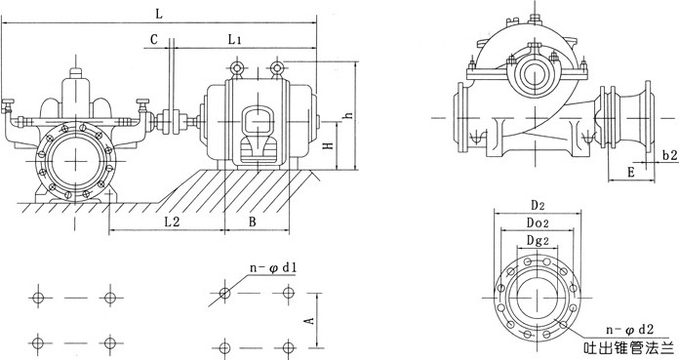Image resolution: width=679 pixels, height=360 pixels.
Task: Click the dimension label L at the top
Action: pos(159,14)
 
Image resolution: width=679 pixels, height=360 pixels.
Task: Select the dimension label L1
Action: pos(234,40)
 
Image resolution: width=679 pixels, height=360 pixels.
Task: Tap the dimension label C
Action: pos(154,39)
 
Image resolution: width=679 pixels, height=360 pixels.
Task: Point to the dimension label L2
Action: pos(172,221)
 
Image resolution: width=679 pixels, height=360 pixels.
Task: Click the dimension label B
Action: pos(252,221)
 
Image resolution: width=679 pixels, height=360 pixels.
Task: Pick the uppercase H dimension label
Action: pos(329,143)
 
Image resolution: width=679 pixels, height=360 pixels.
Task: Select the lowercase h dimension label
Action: pos(348,116)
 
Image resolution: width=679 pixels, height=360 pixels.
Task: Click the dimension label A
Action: pos(309,321)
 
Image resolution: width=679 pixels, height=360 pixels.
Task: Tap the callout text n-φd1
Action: pos(273,267)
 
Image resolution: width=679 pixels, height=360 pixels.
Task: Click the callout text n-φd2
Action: pos(629,330)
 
